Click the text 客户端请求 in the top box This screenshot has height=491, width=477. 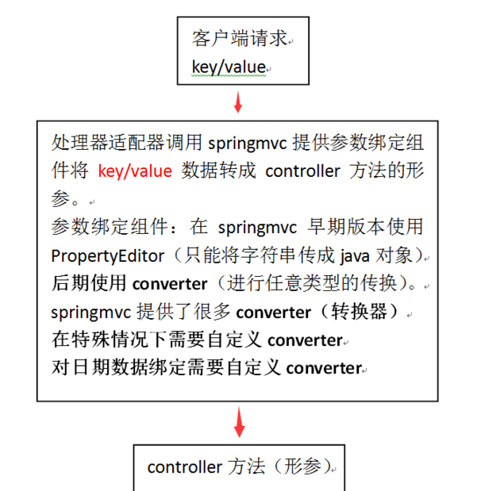(x=240, y=39)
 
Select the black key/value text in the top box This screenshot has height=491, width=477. (x=229, y=67)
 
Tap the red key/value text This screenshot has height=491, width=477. (x=135, y=171)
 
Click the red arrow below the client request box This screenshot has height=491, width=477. (x=238, y=102)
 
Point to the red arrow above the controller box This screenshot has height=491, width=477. (x=240, y=422)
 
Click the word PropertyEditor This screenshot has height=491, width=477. (x=107, y=256)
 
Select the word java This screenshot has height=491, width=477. (x=355, y=256)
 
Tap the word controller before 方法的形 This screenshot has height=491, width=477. (x=302, y=171)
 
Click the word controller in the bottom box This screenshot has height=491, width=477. (x=185, y=467)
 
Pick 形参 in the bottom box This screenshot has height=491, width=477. (x=302, y=466)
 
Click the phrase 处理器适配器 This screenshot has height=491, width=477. (x=108, y=143)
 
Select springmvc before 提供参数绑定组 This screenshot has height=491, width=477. (x=248, y=144)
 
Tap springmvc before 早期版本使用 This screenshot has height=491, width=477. (x=257, y=228)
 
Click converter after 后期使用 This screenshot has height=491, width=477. (x=170, y=284)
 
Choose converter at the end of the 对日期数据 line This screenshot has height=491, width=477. (x=324, y=368)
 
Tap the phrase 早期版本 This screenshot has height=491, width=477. (x=346, y=227)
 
